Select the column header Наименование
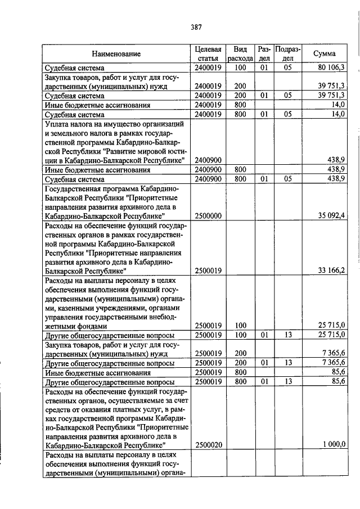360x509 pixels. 116,54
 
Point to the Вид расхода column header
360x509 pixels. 241,54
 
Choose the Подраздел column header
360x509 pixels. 287,54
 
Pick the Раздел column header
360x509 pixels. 264,54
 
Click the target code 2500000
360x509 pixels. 208,215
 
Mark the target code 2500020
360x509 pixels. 208,444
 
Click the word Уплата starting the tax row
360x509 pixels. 58,124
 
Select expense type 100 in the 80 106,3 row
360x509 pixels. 241,67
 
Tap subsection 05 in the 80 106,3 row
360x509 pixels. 287,67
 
